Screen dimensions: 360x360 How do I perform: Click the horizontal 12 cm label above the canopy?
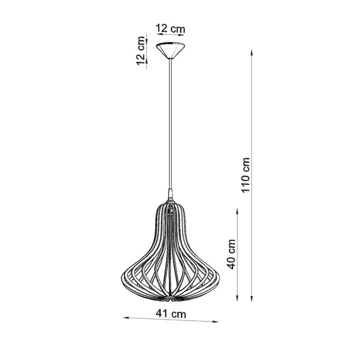169,28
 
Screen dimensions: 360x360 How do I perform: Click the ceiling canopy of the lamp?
171,50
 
